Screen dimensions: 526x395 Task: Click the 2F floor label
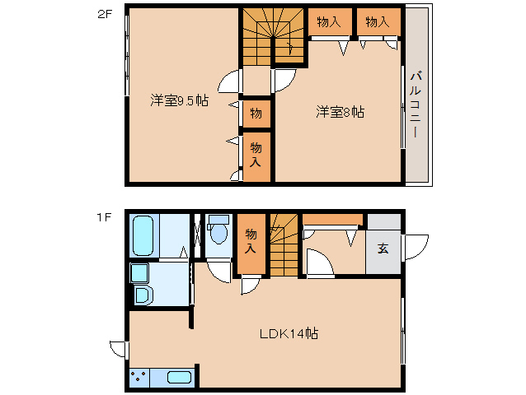pyautogui.click(x=104, y=15)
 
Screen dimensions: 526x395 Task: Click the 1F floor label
pyautogui.click(x=104, y=217)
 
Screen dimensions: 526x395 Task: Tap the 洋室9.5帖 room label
pyautogui.click(x=180, y=100)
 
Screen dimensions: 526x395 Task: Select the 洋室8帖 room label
pyautogui.click(x=340, y=112)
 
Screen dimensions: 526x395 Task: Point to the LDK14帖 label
pyautogui.click(x=289, y=333)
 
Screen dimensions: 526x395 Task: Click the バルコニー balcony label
pyautogui.click(x=416, y=105)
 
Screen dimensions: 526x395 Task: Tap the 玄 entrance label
pyautogui.click(x=383, y=249)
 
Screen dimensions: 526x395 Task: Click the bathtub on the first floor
pyautogui.click(x=143, y=235)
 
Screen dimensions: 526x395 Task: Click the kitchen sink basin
pyautogui.click(x=180, y=377)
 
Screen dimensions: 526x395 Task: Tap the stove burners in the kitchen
pyautogui.click(x=139, y=377)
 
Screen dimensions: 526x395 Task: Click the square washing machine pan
pyautogui.click(x=139, y=273)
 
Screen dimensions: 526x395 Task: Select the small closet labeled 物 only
pyautogui.click(x=256, y=114)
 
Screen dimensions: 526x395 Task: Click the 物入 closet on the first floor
pyautogui.click(x=251, y=244)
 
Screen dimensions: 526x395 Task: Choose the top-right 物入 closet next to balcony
pyautogui.click(x=378, y=21)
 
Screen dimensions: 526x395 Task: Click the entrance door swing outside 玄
pyautogui.click(x=416, y=247)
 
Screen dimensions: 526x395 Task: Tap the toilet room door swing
pyautogui.click(x=218, y=272)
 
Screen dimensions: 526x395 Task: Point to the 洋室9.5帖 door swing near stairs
pyautogui.click(x=230, y=81)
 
